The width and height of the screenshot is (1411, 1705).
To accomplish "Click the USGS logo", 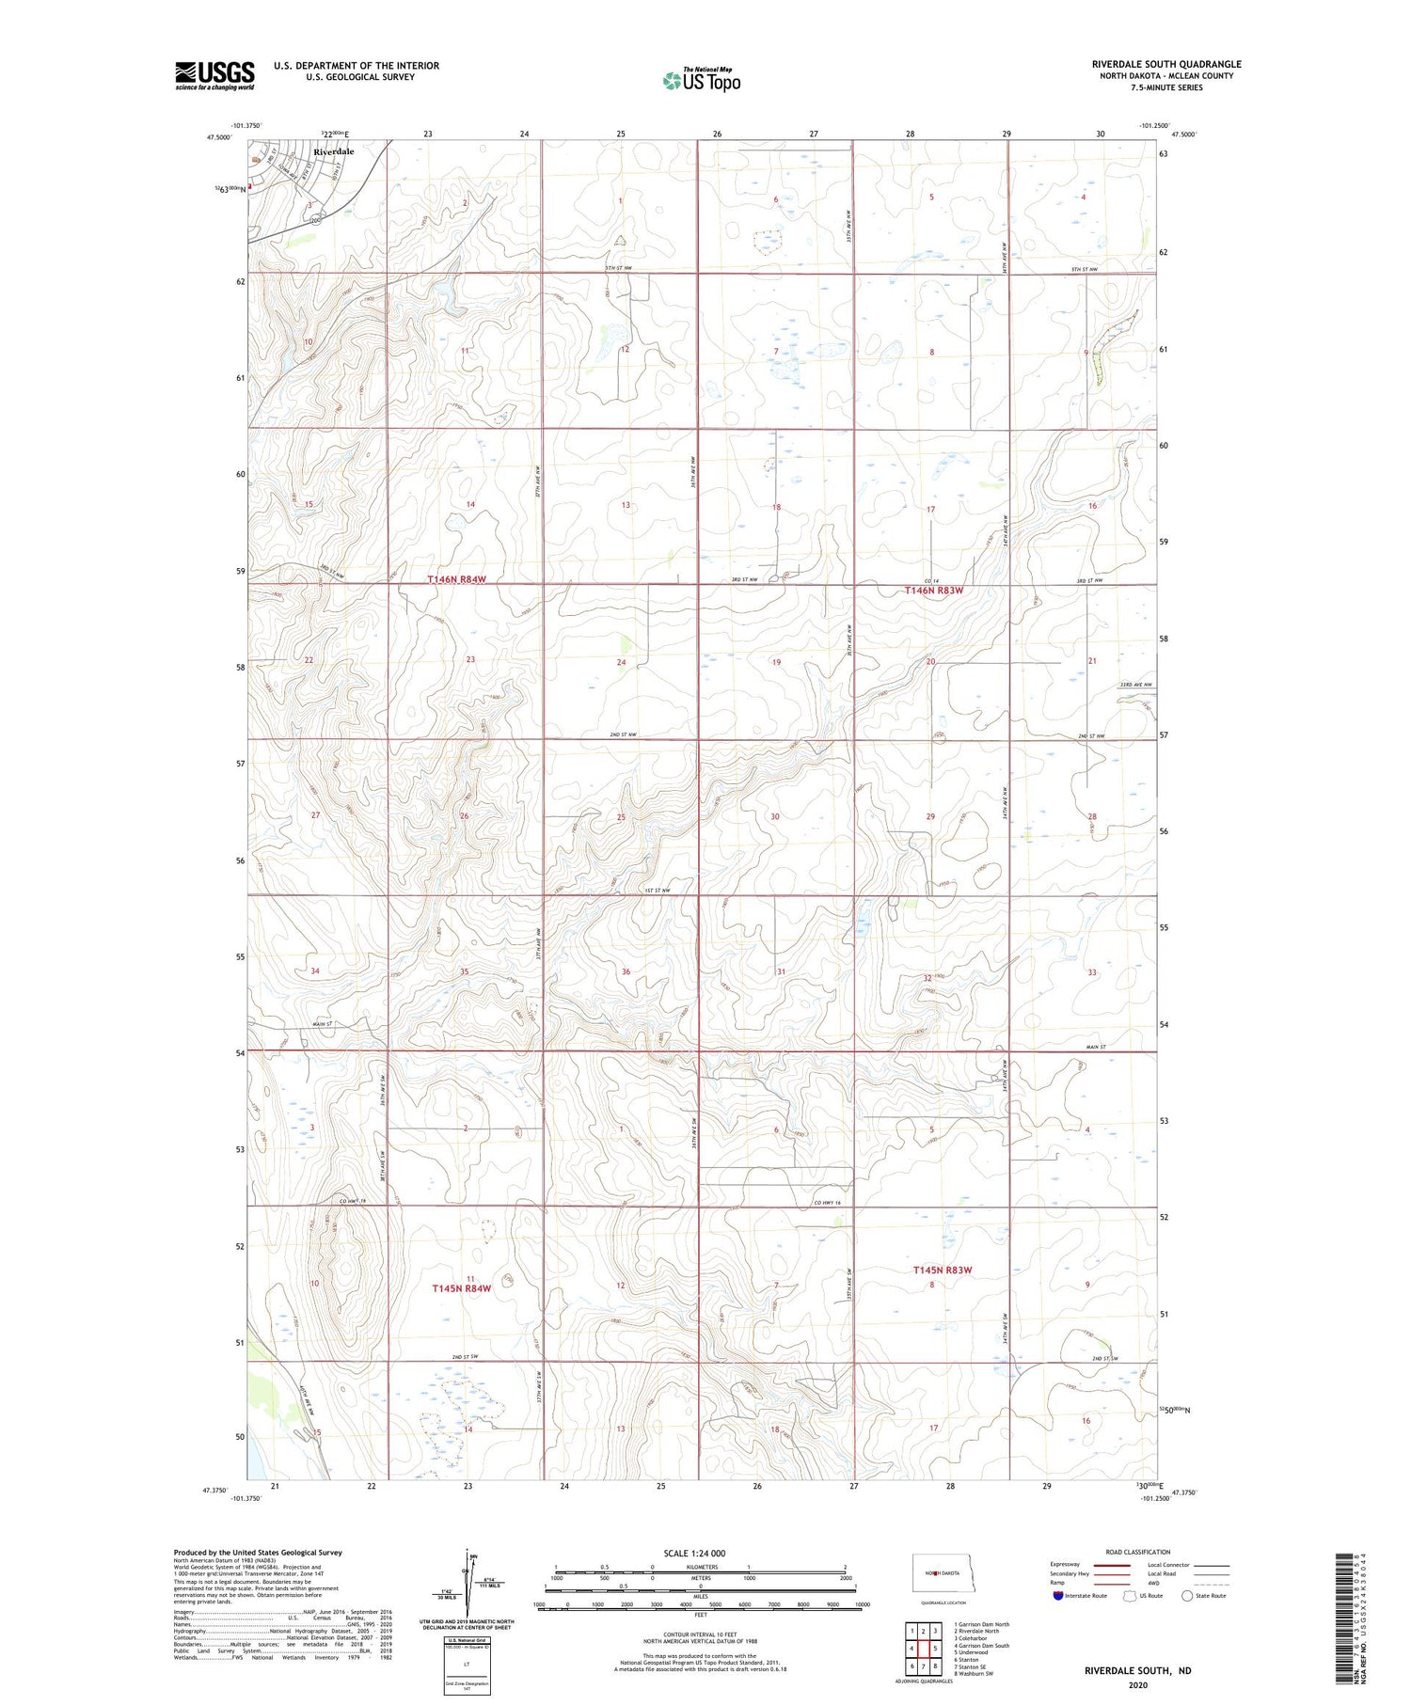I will tap(214, 75).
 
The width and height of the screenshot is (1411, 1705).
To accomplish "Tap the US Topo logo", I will tap(702, 81).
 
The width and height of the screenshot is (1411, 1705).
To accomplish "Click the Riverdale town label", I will tap(334, 151).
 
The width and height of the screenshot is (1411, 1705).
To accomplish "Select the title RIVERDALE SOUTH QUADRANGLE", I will tap(1165, 64).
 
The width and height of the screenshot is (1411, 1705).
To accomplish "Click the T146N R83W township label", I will tap(934, 591).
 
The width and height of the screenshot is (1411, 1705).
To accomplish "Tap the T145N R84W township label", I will tap(461, 1288).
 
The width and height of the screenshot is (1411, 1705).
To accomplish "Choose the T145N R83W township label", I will tap(942, 1270).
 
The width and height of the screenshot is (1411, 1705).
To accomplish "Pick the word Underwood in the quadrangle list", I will tap(974, 1651).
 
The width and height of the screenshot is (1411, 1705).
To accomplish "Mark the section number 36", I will tap(626, 971).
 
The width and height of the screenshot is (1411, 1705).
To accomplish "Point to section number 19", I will tap(776, 662).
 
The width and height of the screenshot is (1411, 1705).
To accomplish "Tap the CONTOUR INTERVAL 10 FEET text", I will tap(700, 1634).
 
